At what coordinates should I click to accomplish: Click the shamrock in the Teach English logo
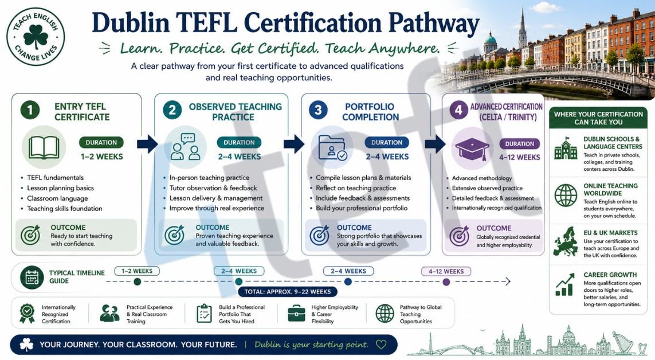coord(36,37)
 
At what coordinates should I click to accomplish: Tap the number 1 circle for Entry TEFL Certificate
coord(30,110)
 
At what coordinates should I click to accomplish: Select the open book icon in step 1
coord(44,147)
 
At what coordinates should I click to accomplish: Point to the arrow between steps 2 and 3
coord(294,144)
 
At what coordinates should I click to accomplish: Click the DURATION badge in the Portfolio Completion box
coord(387,142)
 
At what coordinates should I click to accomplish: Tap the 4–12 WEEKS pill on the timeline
coord(446,272)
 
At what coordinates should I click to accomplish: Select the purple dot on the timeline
coord(446,282)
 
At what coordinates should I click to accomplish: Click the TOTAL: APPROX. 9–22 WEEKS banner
coord(288,292)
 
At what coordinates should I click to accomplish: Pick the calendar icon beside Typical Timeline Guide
coord(32,277)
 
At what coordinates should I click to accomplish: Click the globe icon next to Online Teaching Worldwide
coord(566,195)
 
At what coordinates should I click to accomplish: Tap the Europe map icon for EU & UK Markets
coord(566,241)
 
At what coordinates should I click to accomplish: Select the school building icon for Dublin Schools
coord(566,148)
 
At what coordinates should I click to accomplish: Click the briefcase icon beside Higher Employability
coord(297,313)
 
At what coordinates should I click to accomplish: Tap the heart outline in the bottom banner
coord(381,345)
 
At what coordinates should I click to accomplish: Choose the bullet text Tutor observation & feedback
coord(213,188)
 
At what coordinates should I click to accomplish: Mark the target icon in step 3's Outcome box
coord(320,236)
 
